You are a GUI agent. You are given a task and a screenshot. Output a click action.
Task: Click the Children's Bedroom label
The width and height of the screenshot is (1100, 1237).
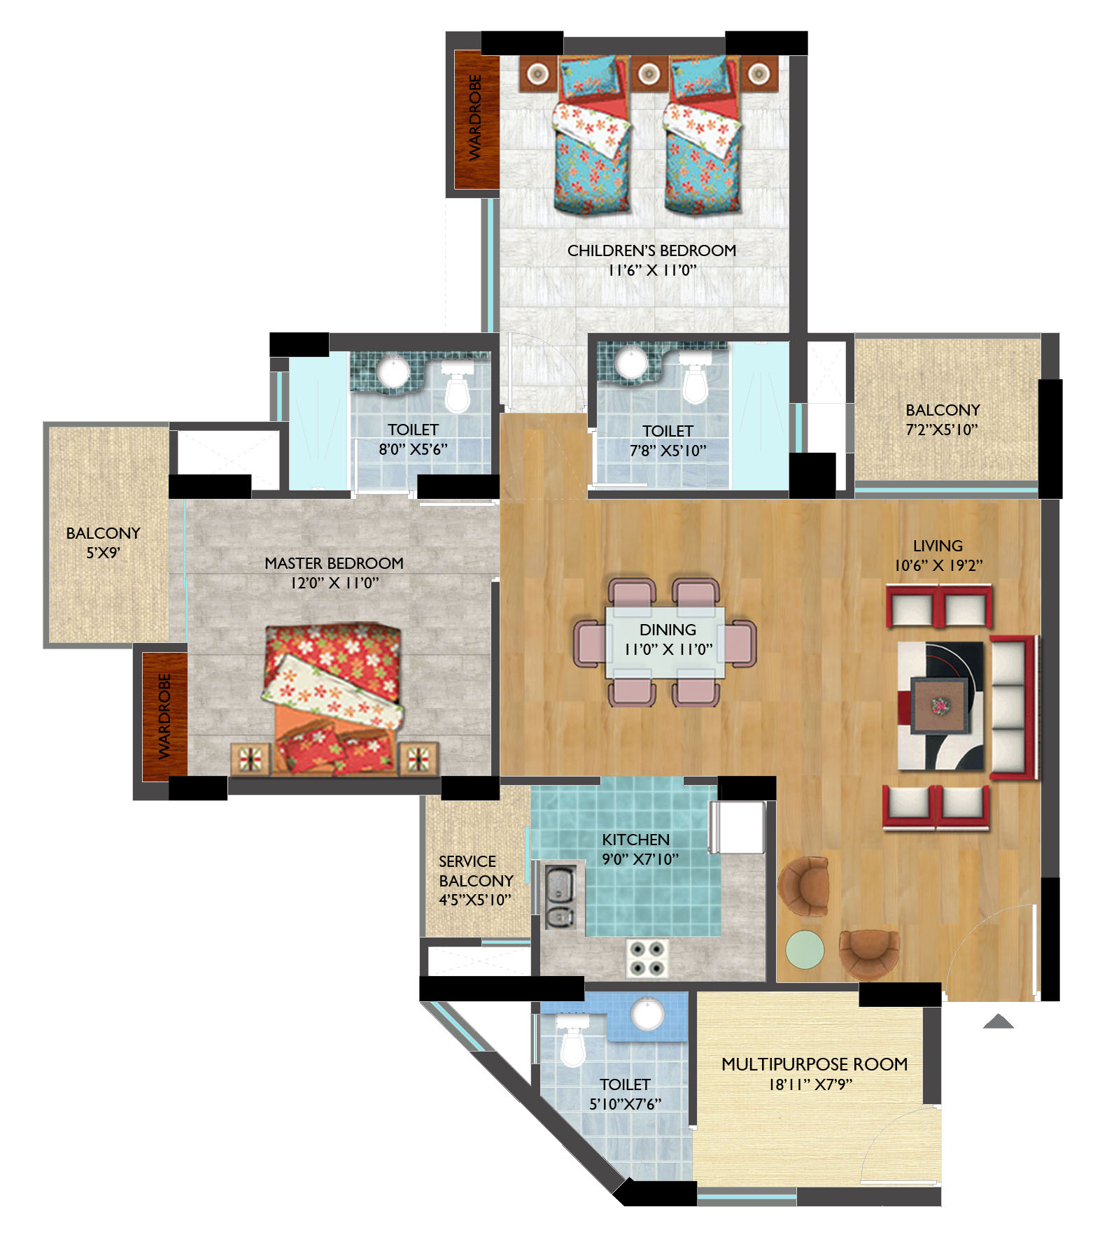651,250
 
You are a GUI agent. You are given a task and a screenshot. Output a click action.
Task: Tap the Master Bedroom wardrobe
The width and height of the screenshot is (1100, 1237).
164,716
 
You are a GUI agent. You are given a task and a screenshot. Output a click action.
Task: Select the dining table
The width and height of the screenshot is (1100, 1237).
665,642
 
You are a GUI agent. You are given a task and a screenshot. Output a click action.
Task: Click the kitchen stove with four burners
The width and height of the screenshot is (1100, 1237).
647,958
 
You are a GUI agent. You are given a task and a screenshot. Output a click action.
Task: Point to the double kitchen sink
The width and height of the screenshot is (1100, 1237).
560,897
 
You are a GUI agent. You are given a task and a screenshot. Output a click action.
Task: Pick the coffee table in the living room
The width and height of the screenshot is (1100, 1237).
940,705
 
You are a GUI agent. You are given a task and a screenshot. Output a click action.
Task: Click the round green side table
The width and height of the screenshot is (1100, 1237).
805,949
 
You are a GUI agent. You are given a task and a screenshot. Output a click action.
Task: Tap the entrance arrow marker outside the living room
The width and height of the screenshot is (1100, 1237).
999,1022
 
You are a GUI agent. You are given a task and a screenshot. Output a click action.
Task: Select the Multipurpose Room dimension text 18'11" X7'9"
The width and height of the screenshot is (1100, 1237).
810,1084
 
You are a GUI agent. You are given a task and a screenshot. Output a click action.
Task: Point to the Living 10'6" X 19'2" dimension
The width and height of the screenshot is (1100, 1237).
938,565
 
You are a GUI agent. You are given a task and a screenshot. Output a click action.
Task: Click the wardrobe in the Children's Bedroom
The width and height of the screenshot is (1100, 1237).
476,120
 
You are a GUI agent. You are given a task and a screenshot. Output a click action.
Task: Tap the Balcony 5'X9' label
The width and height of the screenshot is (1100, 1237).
104,543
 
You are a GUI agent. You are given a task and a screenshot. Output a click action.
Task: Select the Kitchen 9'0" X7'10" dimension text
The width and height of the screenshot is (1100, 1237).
640,859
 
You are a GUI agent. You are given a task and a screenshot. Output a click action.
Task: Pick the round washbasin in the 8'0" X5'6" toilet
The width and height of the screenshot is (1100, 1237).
394,371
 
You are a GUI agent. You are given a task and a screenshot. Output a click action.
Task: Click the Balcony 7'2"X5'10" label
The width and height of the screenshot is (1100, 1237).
943,420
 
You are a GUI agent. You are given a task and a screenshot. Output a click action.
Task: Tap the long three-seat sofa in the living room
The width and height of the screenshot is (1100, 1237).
1013,707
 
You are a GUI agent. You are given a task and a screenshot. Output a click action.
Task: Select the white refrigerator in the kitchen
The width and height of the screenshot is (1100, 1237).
738,827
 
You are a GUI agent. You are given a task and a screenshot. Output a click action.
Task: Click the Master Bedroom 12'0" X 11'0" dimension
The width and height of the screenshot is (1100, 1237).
334,583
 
